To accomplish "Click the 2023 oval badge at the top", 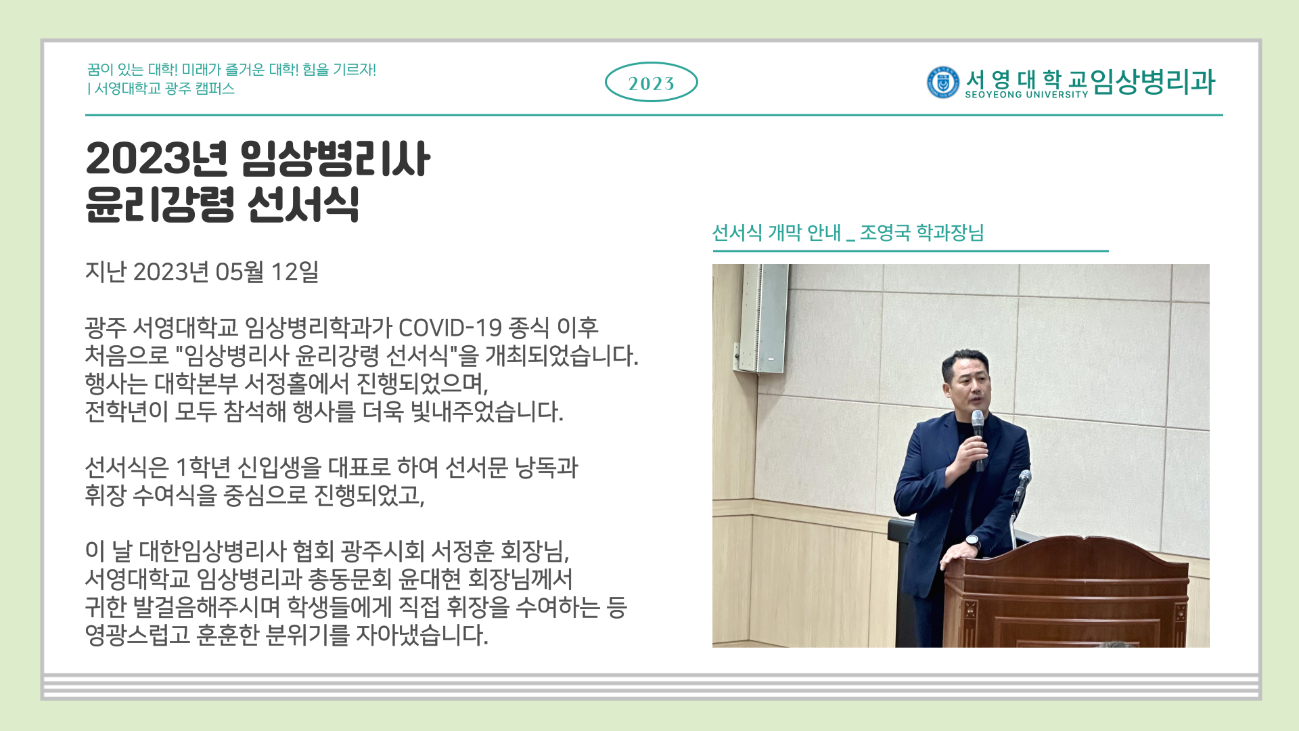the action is coord(651,83).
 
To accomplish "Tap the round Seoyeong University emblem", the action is coord(942,83).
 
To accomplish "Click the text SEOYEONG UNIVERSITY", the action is coord(1026,95).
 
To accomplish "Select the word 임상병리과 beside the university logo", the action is coord(1153,82).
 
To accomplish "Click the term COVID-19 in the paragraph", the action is coord(450,328).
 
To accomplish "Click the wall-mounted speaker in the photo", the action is coord(762,317).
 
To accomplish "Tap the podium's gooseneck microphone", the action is coord(1019,501).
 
